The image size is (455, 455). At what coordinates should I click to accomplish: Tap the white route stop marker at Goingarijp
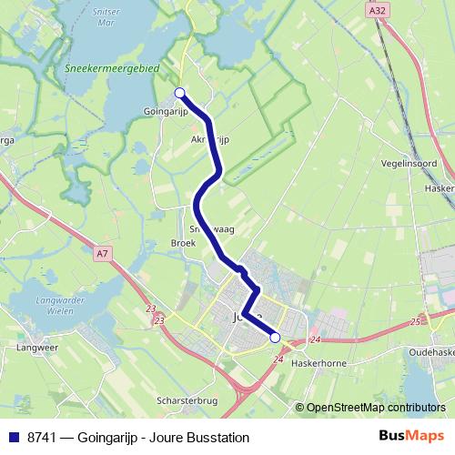(180, 92)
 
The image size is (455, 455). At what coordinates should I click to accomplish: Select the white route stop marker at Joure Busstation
(275, 338)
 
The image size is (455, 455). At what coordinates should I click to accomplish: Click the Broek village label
(183, 243)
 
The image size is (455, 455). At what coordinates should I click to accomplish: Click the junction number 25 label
(416, 321)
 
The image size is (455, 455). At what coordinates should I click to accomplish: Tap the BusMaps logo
(411, 437)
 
